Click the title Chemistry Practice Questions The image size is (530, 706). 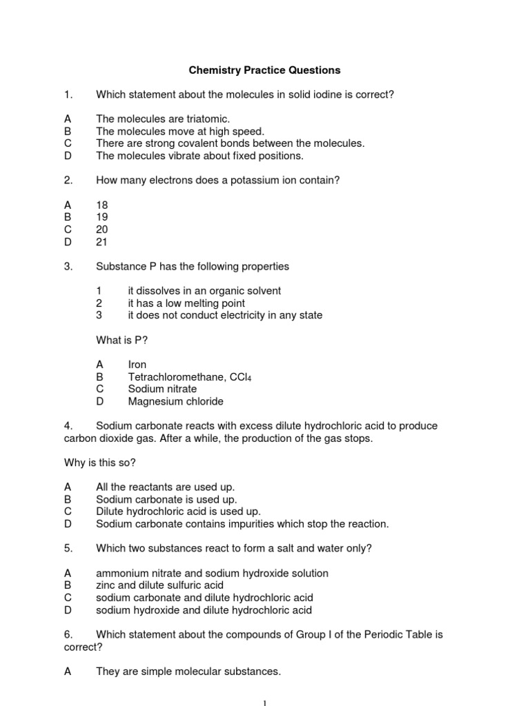coord(265,70)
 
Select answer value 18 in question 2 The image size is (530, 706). coord(102,205)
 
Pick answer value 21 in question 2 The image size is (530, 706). coord(102,242)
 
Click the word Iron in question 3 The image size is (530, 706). coord(137,364)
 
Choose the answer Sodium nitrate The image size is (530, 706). coord(162,389)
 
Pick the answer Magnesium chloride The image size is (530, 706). coord(175,401)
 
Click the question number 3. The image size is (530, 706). coord(68,266)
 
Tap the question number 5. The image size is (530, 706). coord(68,548)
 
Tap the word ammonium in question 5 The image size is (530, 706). coord(120,573)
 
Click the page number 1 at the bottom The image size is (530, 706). coord(265,702)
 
